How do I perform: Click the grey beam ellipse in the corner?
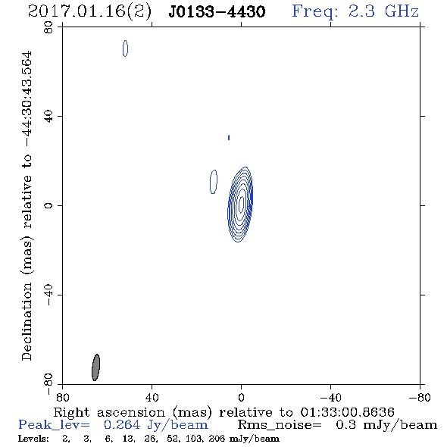click(x=95, y=367)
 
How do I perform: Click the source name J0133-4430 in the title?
click(x=217, y=11)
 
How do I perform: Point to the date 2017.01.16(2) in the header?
click(x=89, y=11)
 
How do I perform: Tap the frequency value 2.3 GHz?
click(x=383, y=11)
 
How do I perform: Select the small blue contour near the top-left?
click(x=125, y=48)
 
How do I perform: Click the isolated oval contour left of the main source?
click(x=214, y=182)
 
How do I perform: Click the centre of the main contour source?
click(x=241, y=204)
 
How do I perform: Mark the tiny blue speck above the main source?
click(x=229, y=138)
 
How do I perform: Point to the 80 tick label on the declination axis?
click(x=48, y=27)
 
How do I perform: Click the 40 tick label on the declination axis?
click(x=48, y=117)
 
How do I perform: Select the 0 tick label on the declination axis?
click(x=48, y=205)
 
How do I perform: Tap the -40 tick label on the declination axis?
click(x=48, y=295)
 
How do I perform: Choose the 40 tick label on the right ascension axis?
click(x=152, y=398)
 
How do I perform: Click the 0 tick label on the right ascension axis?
click(x=241, y=398)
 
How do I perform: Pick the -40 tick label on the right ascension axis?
click(x=330, y=398)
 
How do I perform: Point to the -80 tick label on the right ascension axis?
click(x=420, y=398)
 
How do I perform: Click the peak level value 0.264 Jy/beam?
click(x=155, y=425)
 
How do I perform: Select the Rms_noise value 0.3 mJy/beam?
click(x=386, y=425)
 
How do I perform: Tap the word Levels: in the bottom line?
click(x=33, y=439)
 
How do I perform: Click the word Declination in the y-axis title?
click(x=27, y=321)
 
